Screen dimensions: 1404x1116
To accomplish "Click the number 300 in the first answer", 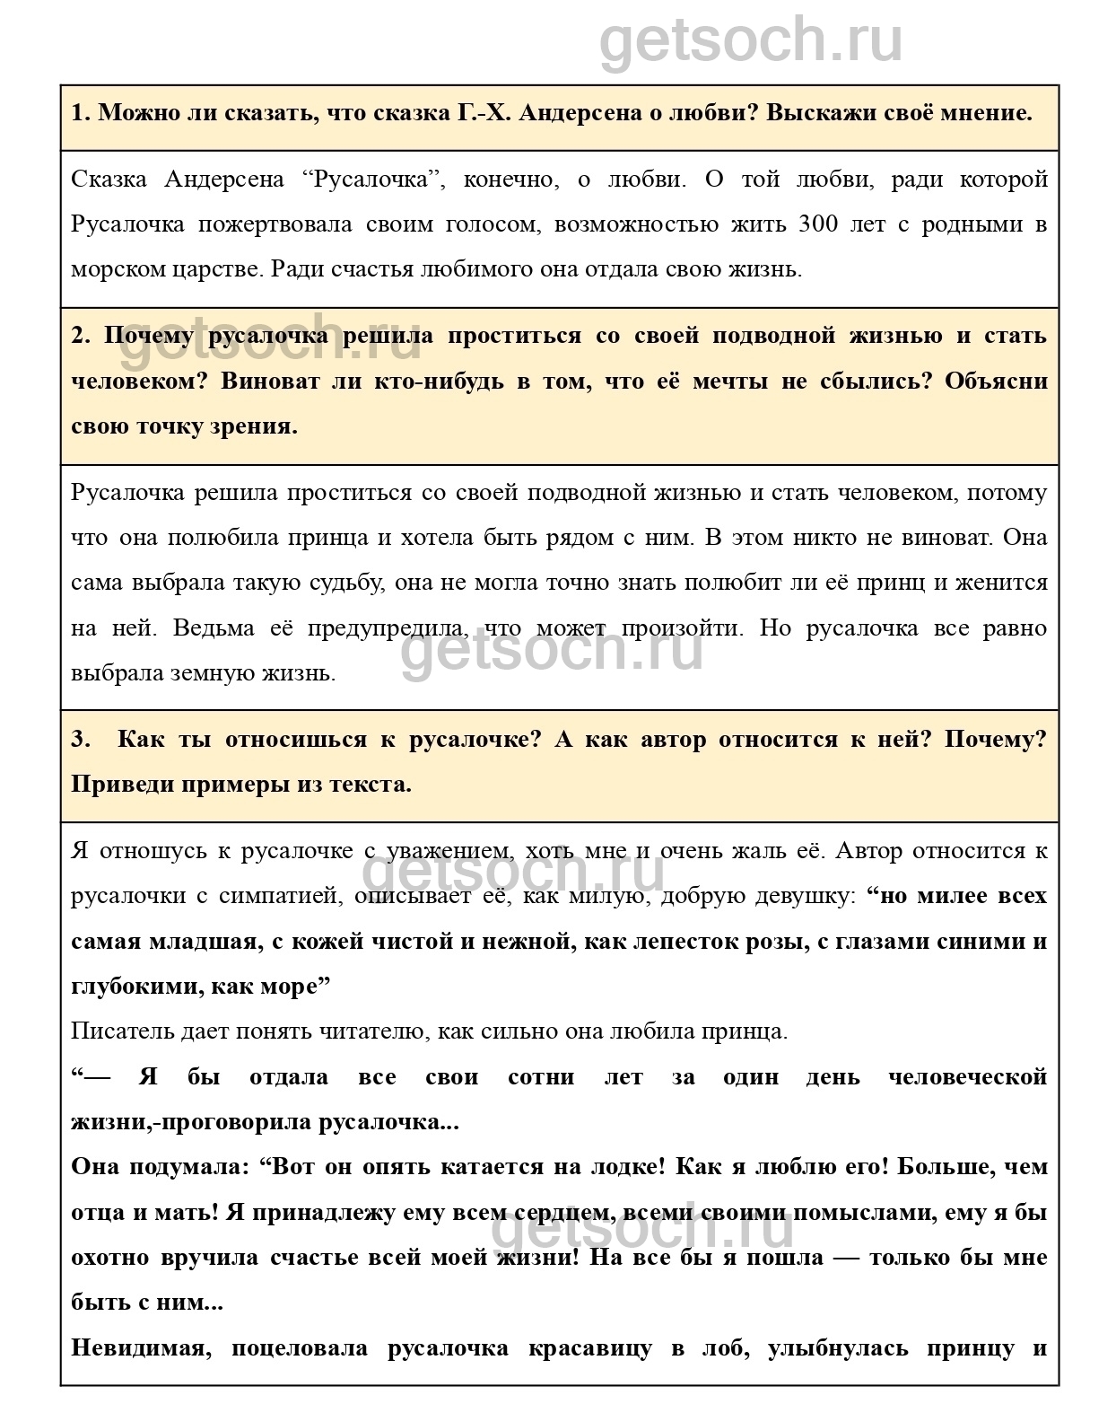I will point(817,224).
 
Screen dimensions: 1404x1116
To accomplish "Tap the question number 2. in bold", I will point(81,337).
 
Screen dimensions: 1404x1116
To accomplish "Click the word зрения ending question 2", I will point(258,426).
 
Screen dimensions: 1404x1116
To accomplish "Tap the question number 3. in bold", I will point(81,741).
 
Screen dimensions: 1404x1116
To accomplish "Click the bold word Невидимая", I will point(138,1347).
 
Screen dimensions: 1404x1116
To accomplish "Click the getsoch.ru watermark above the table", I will point(751,40).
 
